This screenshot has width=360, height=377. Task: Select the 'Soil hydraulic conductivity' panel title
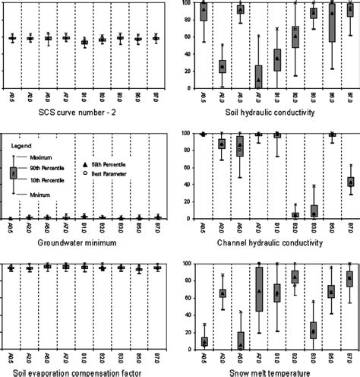tap(273, 113)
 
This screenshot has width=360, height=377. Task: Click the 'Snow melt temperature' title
tap(273, 372)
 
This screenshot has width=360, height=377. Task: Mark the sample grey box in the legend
tap(12, 174)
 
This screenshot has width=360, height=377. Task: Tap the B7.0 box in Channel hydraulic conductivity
tap(349, 192)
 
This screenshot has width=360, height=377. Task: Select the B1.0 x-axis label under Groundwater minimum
tap(84, 227)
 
